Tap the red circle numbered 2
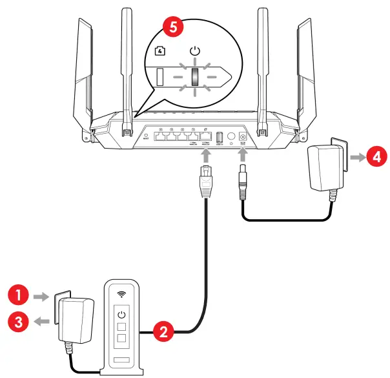point(164,333)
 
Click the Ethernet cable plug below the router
point(205,182)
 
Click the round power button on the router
point(231,138)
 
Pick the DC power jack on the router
point(244,138)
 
